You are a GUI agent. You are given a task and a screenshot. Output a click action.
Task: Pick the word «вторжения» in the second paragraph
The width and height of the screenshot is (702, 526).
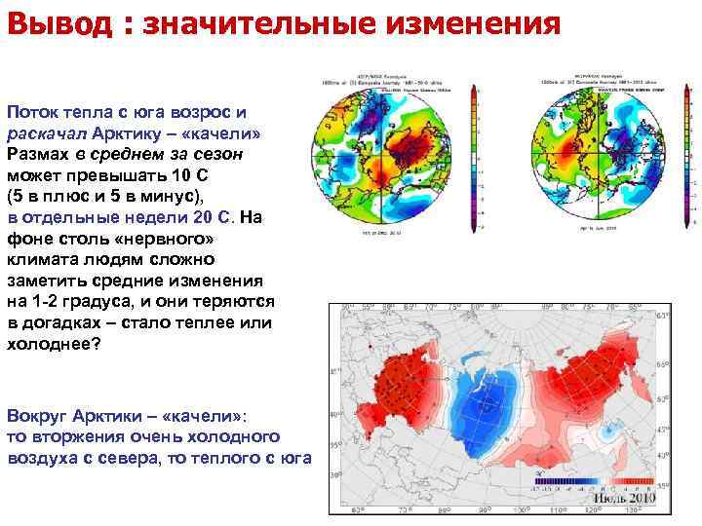75,434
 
